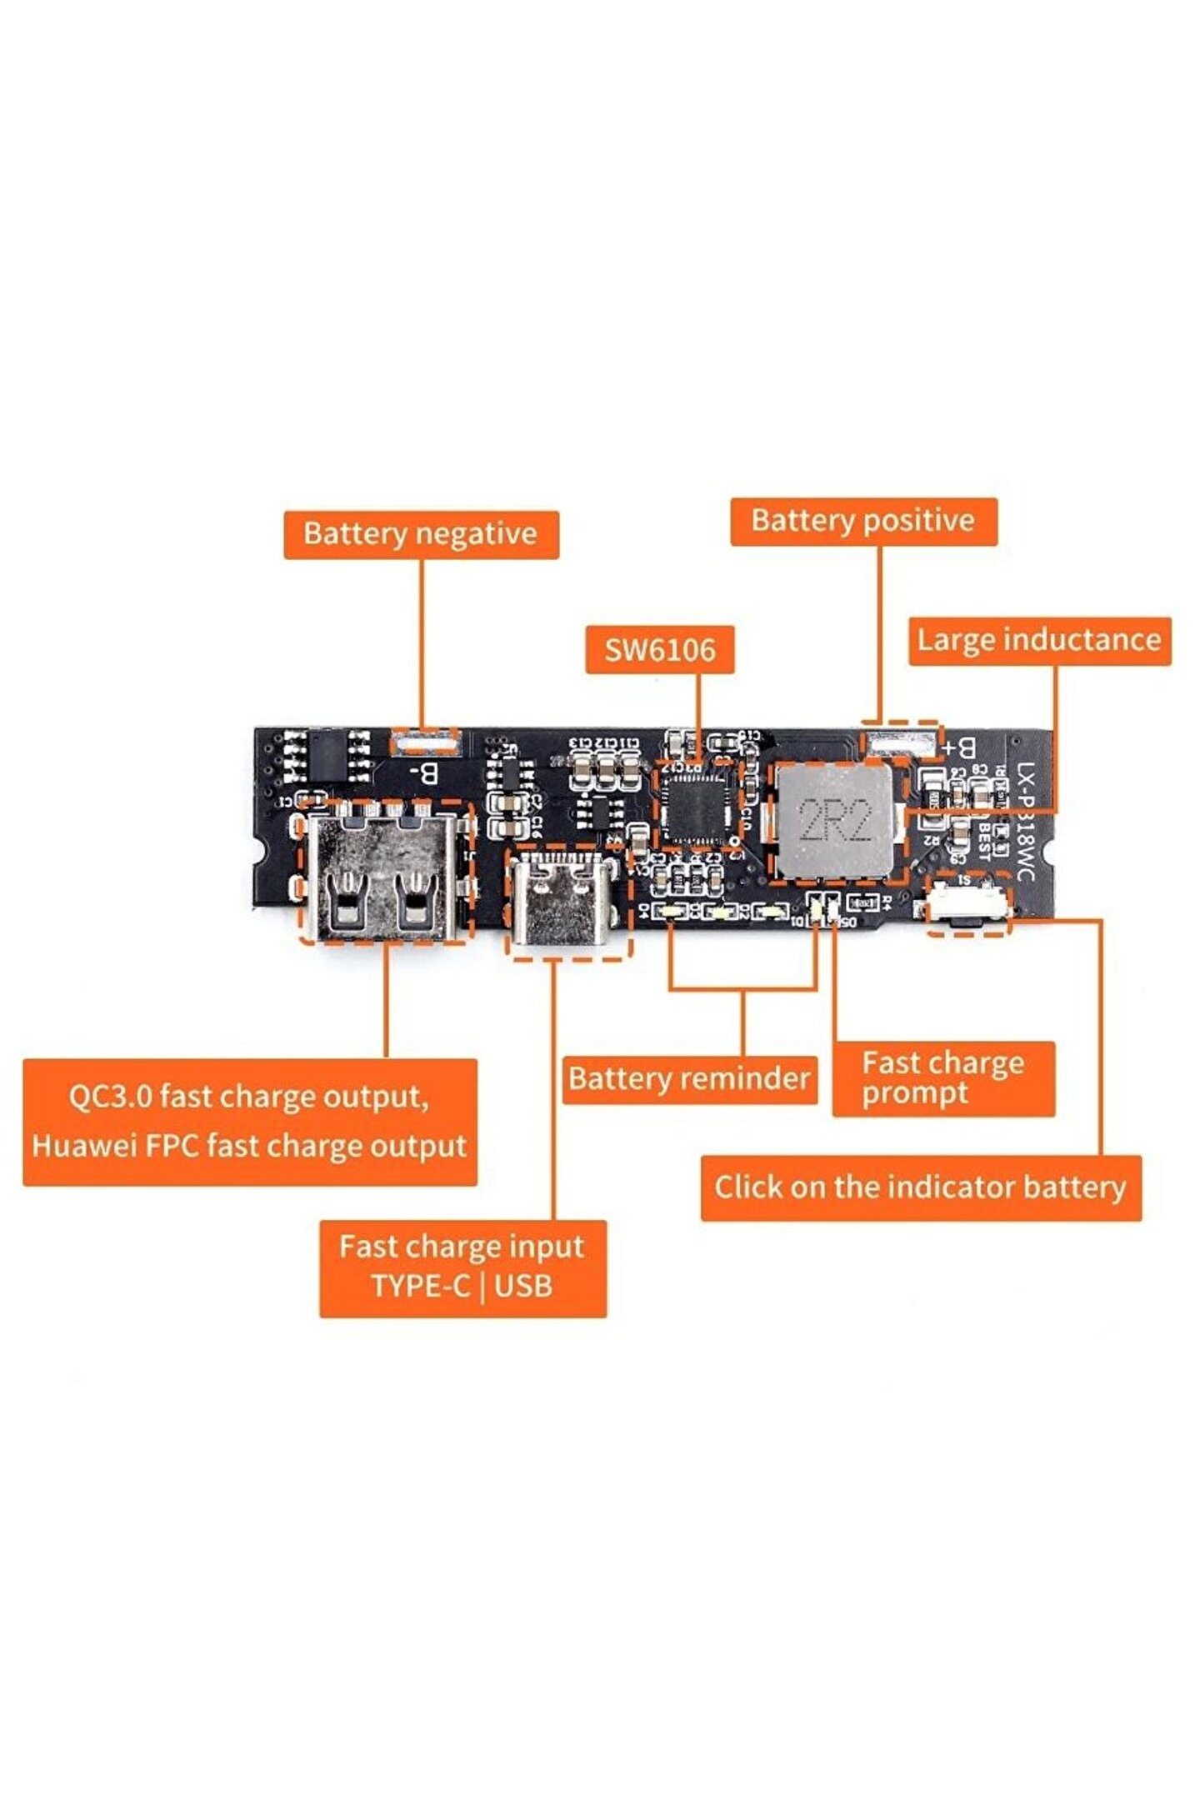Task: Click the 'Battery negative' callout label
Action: pyautogui.click(x=421, y=534)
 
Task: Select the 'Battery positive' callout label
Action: pyautogui.click(x=863, y=522)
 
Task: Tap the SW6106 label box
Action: pyautogui.click(x=659, y=649)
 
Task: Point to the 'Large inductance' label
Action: pyautogui.click(x=1039, y=640)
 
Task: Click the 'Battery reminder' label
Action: pyautogui.click(x=689, y=1079)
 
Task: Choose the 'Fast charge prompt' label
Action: pyautogui.click(x=943, y=1078)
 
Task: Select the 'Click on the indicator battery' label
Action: pyautogui.click(x=920, y=1187)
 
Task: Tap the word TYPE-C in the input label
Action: pyautogui.click(x=421, y=1286)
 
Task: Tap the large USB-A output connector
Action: pyautogui.click(x=383, y=871)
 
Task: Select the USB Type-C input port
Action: pyautogui.click(x=566, y=902)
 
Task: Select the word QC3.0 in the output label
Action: pyautogui.click(x=110, y=1097)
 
